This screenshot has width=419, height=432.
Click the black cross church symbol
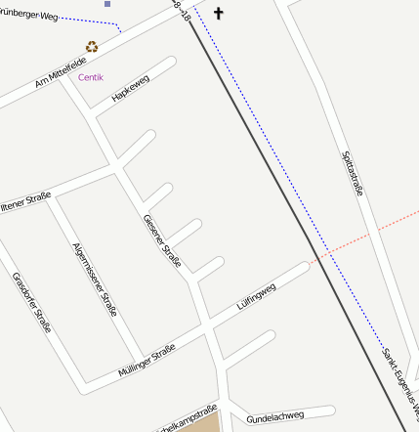point(218,13)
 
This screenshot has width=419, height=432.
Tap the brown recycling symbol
point(92,46)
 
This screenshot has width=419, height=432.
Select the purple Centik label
point(91,76)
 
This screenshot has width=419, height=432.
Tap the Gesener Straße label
point(162,241)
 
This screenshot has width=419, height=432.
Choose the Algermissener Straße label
point(95,279)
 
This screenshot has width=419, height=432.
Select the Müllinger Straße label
point(147,361)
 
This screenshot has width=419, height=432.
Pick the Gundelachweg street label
point(275,417)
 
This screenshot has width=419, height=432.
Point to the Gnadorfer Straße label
point(31,302)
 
